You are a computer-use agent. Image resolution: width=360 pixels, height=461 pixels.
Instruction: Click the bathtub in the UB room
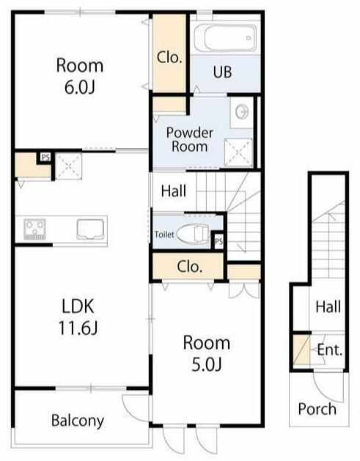pyautogui.click(x=225, y=38)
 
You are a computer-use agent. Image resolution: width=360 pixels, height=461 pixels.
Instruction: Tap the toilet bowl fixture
pyautogui.click(x=194, y=235)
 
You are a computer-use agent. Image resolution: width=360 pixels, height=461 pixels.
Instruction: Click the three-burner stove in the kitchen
pyautogui.click(x=34, y=229)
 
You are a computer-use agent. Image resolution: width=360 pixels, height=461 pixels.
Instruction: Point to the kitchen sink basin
pyautogui.click(x=90, y=229)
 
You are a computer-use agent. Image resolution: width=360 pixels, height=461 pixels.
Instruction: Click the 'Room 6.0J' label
pyautogui.click(x=80, y=76)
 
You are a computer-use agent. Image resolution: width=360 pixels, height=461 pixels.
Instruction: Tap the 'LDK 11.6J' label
pyautogui.click(x=78, y=317)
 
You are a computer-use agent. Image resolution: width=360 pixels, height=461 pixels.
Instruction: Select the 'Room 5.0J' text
pyautogui.click(x=207, y=353)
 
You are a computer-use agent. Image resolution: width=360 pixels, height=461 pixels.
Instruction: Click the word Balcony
pyautogui.click(x=78, y=421)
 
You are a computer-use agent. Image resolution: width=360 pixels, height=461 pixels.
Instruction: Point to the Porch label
pyautogui.click(x=317, y=409)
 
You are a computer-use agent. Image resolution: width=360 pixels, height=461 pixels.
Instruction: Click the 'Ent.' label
pyautogui.click(x=330, y=350)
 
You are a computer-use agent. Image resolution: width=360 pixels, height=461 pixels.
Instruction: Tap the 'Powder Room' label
pyautogui.click(x=190, y=139)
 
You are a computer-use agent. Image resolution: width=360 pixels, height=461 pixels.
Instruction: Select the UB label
pyautogui.click(x=222, y=72)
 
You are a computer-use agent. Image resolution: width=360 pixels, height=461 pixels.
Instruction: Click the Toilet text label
pyautogui.click(x=164, y=235)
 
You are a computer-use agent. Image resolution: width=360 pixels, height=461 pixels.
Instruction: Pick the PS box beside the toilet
pyautogui.click(x=218, y=242)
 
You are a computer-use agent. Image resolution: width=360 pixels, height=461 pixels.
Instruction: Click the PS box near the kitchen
pyautogui.click(x=45, y=158)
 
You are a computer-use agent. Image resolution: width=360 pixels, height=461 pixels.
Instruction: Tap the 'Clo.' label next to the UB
pyautogui.click(x=169, y=57)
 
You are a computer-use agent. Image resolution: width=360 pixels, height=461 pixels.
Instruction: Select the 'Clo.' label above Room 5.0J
pyautogui.click(x=190, y=266)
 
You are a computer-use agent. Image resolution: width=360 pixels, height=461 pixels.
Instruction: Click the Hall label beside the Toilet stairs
pyautogui.click(x=174, y=191)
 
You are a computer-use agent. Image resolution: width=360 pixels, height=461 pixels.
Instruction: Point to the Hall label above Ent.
pyautogui.click(x=328, y=306)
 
